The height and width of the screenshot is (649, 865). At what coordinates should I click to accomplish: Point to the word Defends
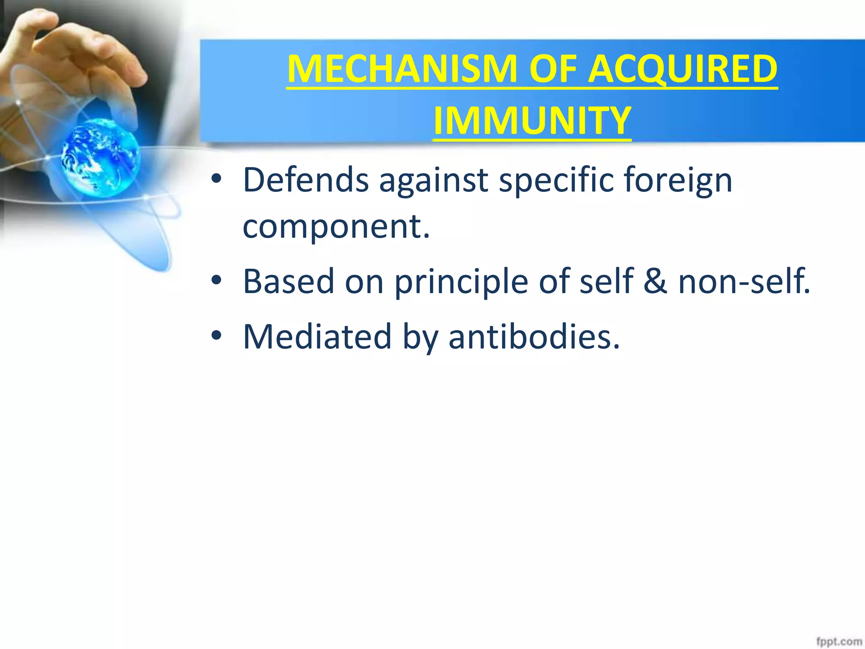[305, 180]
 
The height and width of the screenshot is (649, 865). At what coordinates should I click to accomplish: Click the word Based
[288, 282]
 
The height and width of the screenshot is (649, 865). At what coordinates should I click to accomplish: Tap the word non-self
[743, 282]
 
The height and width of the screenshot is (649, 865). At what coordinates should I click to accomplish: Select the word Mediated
[317, 337]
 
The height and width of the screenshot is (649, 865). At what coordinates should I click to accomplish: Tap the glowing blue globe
[100, 157]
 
